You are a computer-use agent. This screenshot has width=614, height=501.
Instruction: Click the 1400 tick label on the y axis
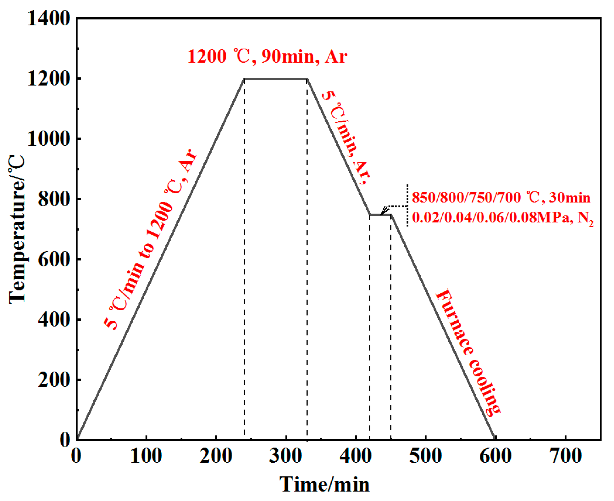pos(48,18)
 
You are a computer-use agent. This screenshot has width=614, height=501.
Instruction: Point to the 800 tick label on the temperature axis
pos(53,199)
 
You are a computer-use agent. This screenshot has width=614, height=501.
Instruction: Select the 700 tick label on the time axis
pos(565,456)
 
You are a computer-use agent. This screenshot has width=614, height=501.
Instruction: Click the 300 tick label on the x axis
pos(285,456)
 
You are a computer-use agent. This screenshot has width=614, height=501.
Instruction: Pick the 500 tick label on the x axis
pos(425,456)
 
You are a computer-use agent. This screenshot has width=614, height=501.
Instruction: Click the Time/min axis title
pos(324,484)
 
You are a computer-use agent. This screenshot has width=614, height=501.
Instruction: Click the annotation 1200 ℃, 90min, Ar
pos(267,57)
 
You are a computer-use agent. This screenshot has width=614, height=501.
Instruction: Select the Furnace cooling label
pos(468,352)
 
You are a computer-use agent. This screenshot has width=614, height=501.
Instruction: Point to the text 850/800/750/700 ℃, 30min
pos(501,198)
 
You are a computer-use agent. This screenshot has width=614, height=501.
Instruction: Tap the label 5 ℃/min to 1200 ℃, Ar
pos(150,239)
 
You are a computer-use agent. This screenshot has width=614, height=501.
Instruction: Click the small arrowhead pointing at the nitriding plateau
pos(383,212)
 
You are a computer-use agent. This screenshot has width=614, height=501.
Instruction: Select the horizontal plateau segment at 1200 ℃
pos(276,79)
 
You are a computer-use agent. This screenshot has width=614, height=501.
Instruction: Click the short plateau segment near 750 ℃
pos(380,215)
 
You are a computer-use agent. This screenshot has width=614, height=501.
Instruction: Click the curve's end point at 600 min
pos(495,438)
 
